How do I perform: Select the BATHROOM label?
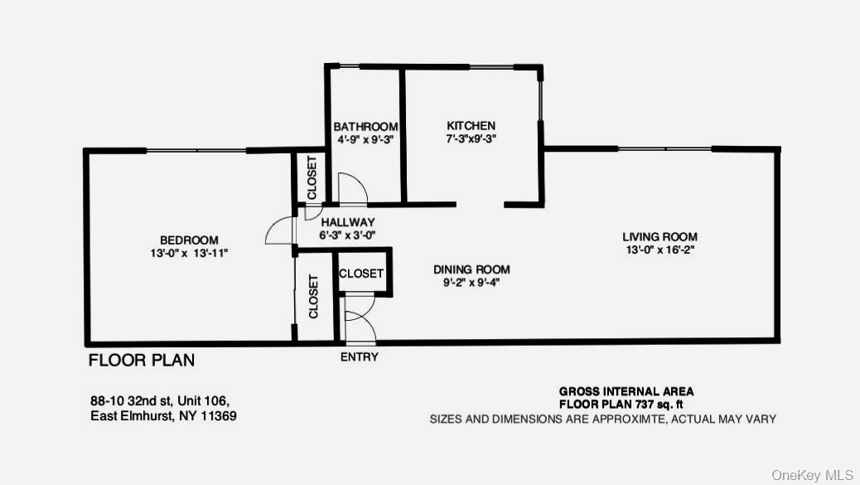pyautogui.click(x=365, y=127)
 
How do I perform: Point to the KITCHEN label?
pyautogui.click(x=471, y=126)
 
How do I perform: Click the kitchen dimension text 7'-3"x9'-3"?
pyautogui.click(x=471, y=139)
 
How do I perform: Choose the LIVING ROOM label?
pyautogui.click(x=659, y=236)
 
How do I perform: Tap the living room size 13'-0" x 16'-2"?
pyautogui.click(x=659, y=250)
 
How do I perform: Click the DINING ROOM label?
pyautogui.click(x=471, y=269)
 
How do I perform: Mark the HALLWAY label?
pyautogui.click(x=348, y=222)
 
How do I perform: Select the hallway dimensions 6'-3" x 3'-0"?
pyautogui.click(x=348, y=235)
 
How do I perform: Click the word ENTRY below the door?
pyautogui.click(x=360, y=357)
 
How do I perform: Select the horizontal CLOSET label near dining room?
pyautogui.click(x=361, y=274)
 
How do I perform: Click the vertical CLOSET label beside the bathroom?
pyautogui.click(x=312, y=177)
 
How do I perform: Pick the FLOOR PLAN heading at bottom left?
pyautogui.click(x=142, y=361)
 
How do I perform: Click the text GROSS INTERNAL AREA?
pyautogui.click(x=626, y=391)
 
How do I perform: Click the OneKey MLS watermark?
pyautogui.click(x=813, y=475)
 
